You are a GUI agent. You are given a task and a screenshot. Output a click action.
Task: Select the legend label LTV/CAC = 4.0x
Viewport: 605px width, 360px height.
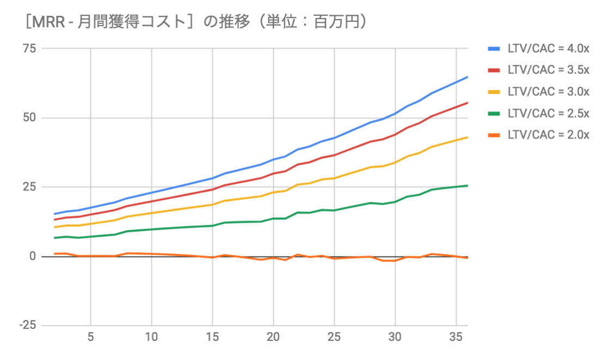(x=548, y=49)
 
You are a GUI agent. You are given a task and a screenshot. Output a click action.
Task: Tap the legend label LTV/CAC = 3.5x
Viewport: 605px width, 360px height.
(x=548, y=70)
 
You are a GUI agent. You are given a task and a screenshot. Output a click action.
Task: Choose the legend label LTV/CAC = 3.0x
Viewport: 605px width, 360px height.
(x=548, y=92)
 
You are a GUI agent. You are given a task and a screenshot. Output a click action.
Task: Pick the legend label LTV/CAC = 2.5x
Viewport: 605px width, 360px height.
(x=548, y=113)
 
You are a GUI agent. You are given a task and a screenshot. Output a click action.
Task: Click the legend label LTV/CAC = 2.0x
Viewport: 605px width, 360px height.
(x=548, y=135)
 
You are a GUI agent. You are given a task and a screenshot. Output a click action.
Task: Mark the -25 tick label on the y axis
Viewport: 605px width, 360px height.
(x=27, y=326)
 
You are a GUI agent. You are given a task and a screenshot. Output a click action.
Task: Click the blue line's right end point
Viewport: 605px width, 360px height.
(x=467, y=77)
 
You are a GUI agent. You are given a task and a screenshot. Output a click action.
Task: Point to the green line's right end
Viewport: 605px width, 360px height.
(x=467, y=185)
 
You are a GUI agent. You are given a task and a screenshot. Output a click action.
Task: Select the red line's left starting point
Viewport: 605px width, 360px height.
(x=55, y=219)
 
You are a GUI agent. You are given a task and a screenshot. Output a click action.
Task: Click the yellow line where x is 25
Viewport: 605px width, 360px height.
(x=334, y=178)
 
